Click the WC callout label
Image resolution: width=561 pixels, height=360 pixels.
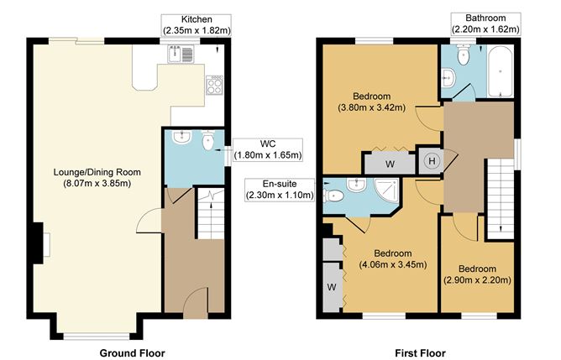click(268, 149)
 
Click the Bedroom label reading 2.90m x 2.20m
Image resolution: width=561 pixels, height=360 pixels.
click(477, 274)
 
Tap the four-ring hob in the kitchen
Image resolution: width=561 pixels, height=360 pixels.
click(214, 83)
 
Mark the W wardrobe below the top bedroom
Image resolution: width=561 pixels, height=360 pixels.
click(389, 163)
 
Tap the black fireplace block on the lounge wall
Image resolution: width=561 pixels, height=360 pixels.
click(37, 244)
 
